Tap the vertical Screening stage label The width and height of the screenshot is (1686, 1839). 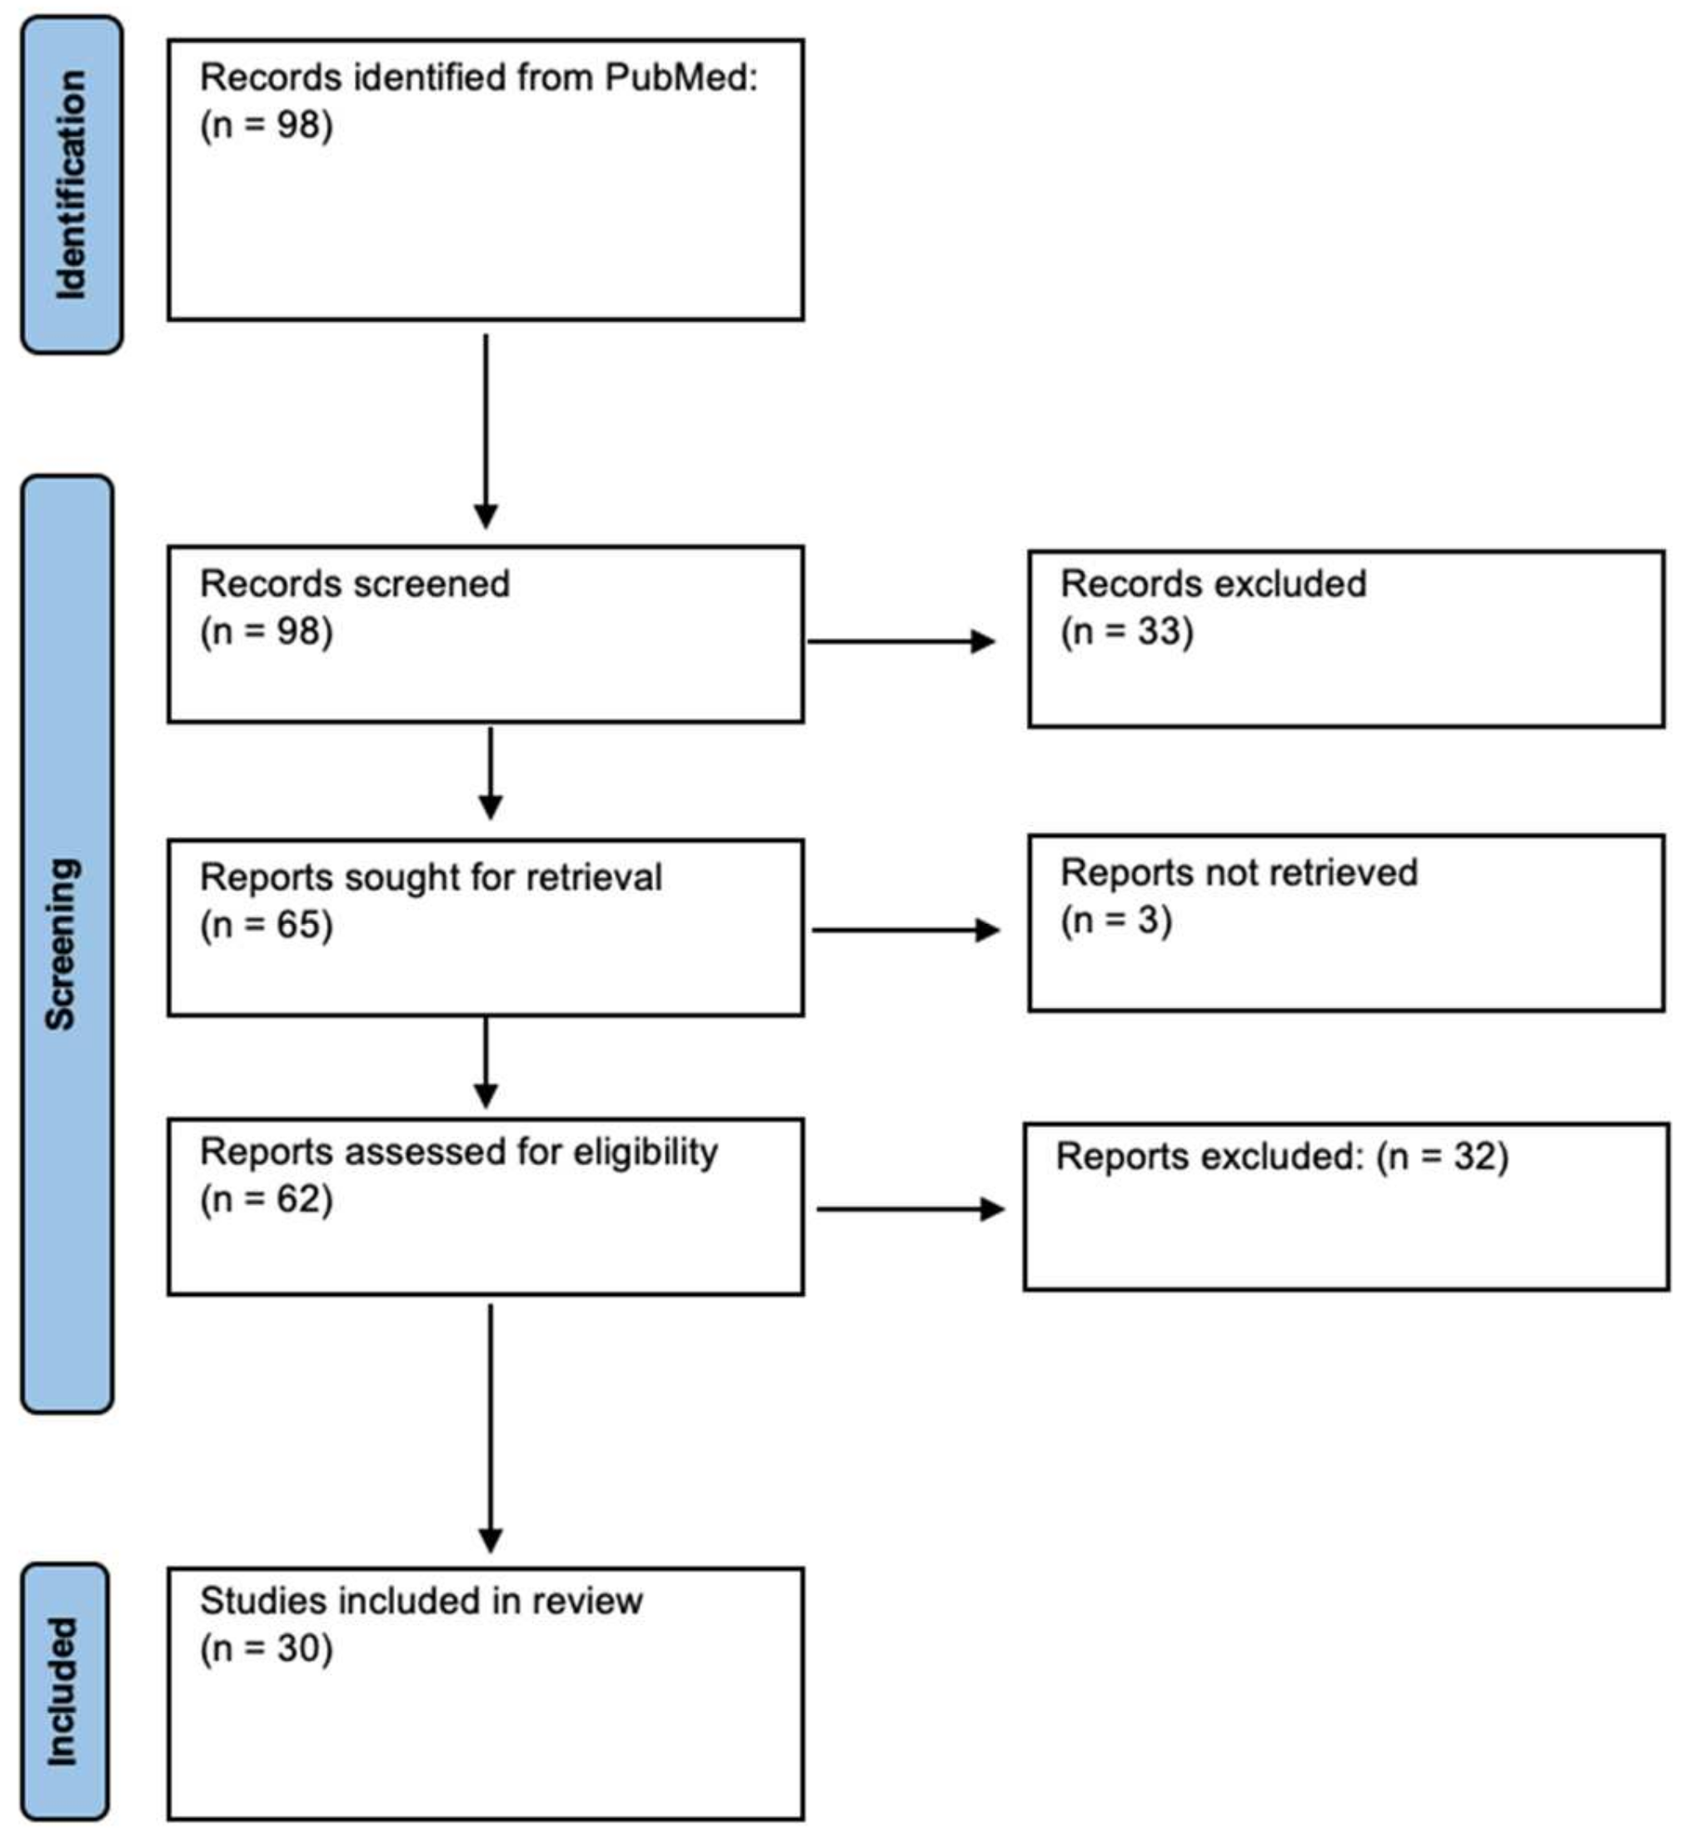pos(62,944)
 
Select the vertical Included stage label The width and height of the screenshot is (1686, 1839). pos(62,1692)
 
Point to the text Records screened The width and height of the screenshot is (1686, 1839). pos(354,585)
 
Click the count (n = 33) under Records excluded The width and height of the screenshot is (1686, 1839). pos(1126,631)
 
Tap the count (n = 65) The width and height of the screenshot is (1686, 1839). pos(266,925)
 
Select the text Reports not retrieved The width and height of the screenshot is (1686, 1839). pos(1238,873)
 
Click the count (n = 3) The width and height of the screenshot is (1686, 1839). pos(1115,919)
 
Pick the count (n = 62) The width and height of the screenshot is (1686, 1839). pos(266,1199)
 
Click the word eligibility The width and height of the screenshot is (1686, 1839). pos(645,1152)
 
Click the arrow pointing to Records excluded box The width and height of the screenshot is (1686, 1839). pos(900,641)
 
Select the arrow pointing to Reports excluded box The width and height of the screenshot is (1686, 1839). pos(910,1209)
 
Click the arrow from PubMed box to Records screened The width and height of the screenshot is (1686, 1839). pos(486,431)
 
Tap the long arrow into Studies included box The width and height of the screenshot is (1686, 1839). pos(490,1428)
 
